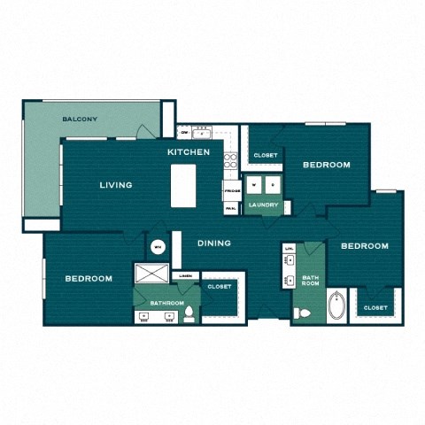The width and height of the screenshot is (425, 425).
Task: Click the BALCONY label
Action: click(80, 119)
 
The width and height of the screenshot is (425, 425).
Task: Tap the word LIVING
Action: click(116, 185)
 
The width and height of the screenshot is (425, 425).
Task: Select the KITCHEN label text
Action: click(189, 152)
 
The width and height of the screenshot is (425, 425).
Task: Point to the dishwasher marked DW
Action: click(184, 133)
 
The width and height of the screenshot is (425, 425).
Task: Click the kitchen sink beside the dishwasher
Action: click(202, 133)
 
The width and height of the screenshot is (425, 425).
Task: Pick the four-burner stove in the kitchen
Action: click(231, 160)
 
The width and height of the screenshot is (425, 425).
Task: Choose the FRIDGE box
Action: click(232, 191)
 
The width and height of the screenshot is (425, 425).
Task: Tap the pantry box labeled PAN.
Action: click(231, 208)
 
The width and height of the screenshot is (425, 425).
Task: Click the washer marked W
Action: click(254, 185)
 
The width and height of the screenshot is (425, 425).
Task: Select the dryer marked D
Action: click(274, 185)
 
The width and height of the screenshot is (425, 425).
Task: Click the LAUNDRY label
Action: click(264, 205)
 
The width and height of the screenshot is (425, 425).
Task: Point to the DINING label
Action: click(214, 243)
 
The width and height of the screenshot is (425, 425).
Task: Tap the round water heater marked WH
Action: click(158, 247)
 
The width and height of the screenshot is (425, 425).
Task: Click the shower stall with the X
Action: click(149, 274)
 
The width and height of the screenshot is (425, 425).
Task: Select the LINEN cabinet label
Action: click(185, 276)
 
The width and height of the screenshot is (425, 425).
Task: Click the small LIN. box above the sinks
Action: click(290, 249)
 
